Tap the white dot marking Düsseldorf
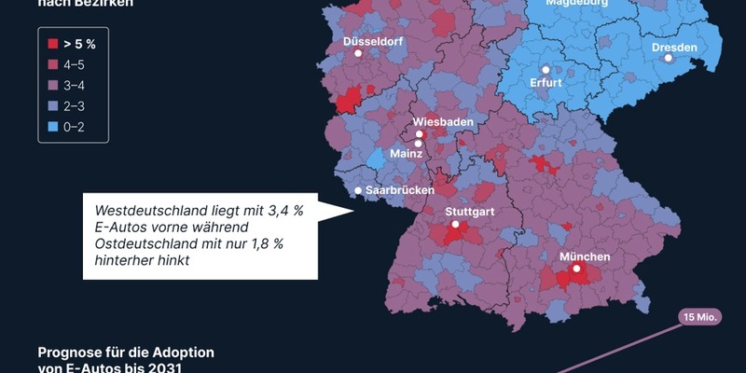tap(358, 54)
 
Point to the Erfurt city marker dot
tap(546, 69)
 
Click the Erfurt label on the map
tap(546, 82)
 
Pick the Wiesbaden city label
tap(443, 122)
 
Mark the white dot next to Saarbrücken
tap(358, 192)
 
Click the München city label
tap(585, 256)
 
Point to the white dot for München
tap(577, 269)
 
